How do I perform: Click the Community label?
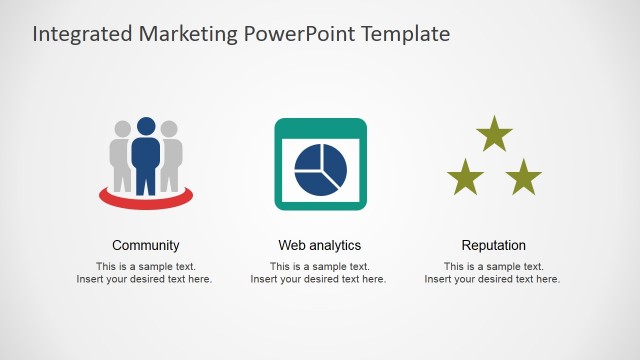(x=146, y=245)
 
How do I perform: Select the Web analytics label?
(x=320, y=245)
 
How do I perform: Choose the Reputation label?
(x=493, y=245)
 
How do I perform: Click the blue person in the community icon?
(x=146, y=160)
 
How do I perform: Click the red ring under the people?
(x=146, y=200)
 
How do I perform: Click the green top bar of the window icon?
(x=320, y=127)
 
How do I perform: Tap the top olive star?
(x=494, y=135)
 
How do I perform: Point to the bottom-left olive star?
(x=465, y=179)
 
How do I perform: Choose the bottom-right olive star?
(x=523, y=179)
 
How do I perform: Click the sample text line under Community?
(x=146, y=267)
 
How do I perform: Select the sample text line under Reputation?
(x=494, y=267)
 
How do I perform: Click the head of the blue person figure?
(x=146, y=127)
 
